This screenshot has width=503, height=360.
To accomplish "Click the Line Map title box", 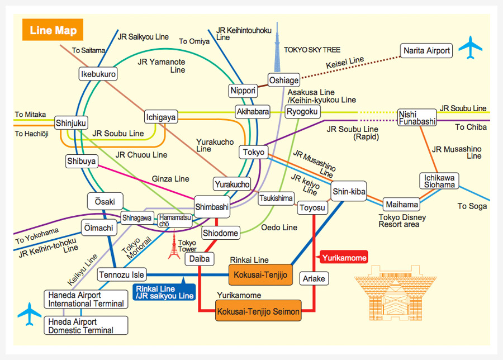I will [53, 30].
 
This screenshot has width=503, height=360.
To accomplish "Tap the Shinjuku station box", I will [72, 122].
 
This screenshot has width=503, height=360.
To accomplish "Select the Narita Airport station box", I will [427, 51].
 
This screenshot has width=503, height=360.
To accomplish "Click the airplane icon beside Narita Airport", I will [470, 48].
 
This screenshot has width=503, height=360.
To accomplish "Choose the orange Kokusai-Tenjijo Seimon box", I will [258, 311].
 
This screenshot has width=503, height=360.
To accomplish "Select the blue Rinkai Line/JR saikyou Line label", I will [164, 292].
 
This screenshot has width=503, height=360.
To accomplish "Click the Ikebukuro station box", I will [98, 74].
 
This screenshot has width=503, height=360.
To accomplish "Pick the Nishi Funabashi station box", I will [417, 117].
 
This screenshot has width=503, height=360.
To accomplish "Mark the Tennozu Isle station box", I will [122, 274].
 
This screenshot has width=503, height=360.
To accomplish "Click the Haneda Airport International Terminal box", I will [86, 300].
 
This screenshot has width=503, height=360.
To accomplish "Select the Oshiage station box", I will [284, 80].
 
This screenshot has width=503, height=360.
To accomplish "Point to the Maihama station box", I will [401, 205].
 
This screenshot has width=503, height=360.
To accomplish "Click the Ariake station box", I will [314, 278].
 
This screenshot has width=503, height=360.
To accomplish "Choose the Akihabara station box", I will [252, 111].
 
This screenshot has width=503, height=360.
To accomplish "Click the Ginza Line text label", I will [170, 179].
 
